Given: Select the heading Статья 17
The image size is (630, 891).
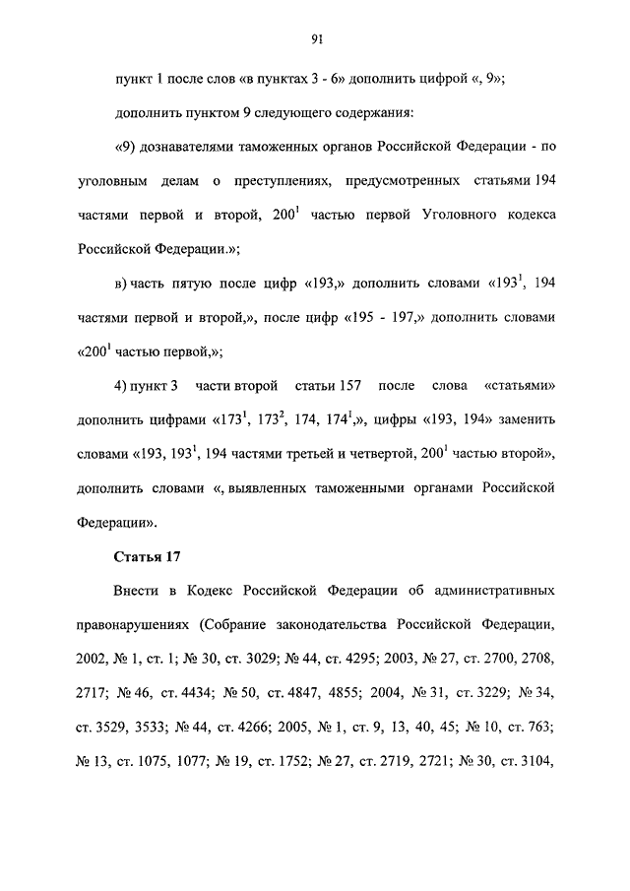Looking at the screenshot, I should point(148,556).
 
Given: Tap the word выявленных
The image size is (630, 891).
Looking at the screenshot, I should point(257,487).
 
